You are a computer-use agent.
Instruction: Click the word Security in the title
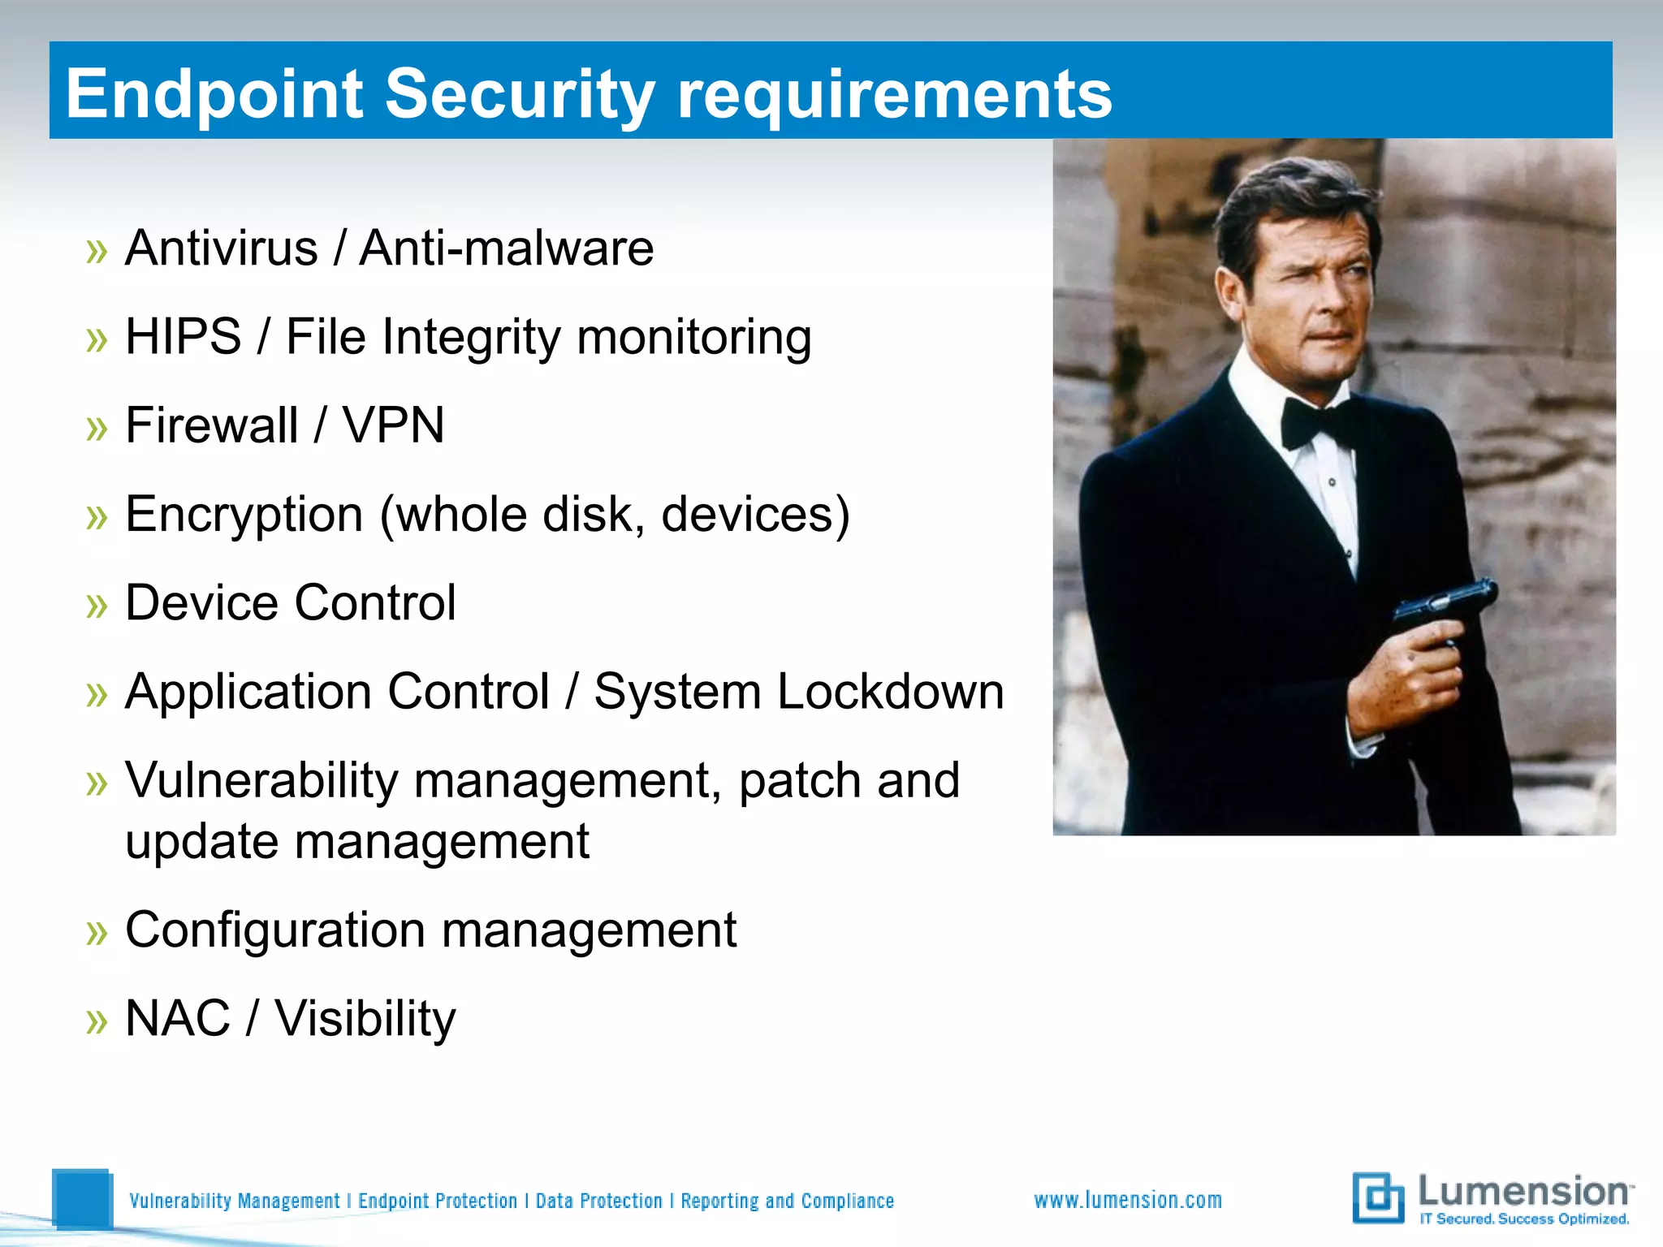pyautogui.click(x=519, y=94)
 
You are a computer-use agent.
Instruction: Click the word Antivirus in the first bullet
pyautogui.click(x=221, y=248)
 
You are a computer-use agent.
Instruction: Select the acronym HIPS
pyautogui.click(x=184, y=336)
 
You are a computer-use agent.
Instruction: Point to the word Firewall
pyautogui.click(x=212, y=425)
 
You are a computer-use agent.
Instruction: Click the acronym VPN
pyautogui.click(x=393, y=425)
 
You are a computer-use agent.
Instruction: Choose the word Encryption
pyautogui.click(x=244, y=515)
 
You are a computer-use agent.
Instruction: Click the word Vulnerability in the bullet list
pyautogui.click(x=261, y=780)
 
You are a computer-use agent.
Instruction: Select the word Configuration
pyautogui.click(x=274, y=930)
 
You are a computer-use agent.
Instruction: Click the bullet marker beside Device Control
pyautogui.click(x=97, y=605)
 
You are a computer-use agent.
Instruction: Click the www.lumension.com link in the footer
pyautogui.click(x=1127, y=1200)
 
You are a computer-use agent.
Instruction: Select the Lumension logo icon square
pyautogui.click(x=1377, y=1197)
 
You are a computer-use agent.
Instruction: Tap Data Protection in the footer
pyautogui.click(x=598, y=1201)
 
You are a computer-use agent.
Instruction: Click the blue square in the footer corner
pyautogui.click(x=81, y=1198)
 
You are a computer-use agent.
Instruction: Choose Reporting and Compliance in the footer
pyautogui.click(x=787, y=1201)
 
